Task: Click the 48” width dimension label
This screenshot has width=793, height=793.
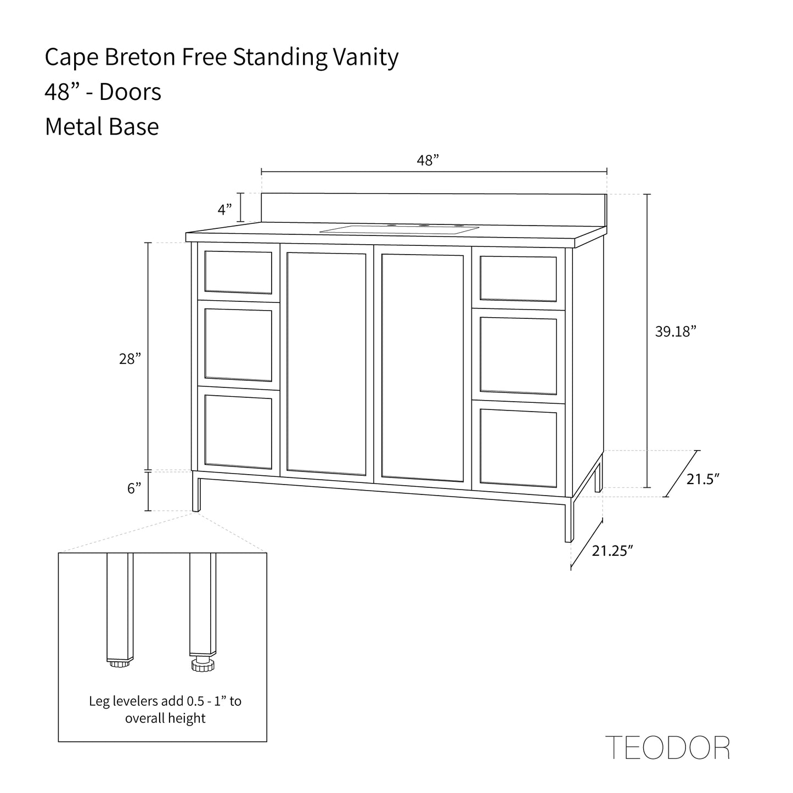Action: coord(428,161)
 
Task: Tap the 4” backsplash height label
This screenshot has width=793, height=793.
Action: coord(225,209)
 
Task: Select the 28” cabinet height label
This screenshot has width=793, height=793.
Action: coord(130,359)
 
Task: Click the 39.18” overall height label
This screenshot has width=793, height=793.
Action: coord(676,331)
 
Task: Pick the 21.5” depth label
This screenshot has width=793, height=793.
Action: coord(703,479)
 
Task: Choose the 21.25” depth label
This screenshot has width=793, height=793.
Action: coord(612,550)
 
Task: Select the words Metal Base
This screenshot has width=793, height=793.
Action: coord(102,127)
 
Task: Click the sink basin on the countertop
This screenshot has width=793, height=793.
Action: coord(400,229)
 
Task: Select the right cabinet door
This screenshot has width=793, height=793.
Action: coord(422,367)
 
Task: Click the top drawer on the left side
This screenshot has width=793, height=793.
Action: coord(238,272)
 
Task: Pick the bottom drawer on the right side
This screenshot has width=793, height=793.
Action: coord(518,447)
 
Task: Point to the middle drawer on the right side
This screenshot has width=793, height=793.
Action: coord(518,355)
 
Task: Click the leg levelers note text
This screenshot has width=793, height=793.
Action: coord(165,709)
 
